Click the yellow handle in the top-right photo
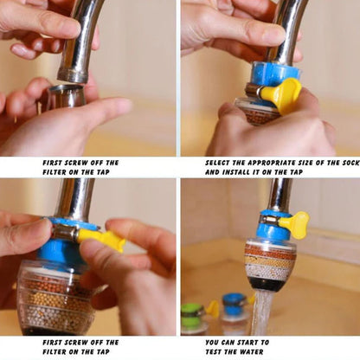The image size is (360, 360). (281, 93)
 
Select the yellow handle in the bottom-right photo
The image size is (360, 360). (295, 225)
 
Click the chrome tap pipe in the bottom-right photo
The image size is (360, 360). (279, 195)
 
